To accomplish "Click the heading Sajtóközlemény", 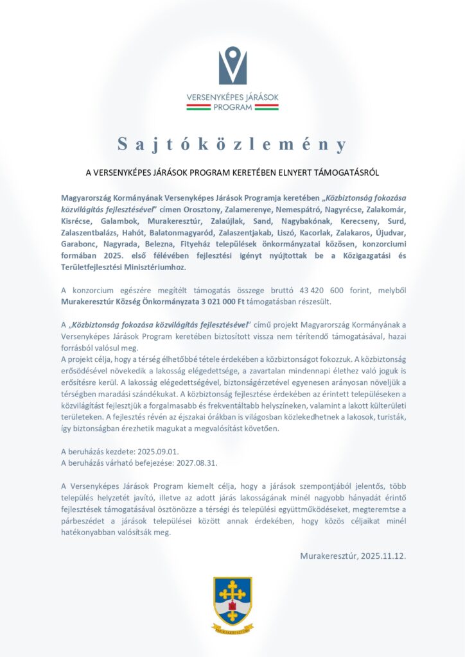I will [x=232, y=144].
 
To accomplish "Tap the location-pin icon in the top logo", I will [x=232, y=65].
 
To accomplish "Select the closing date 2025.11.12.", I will [x=378, y=556].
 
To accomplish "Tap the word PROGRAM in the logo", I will [x=232, y=108].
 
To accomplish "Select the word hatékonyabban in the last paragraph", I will [x=90, y=532].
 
